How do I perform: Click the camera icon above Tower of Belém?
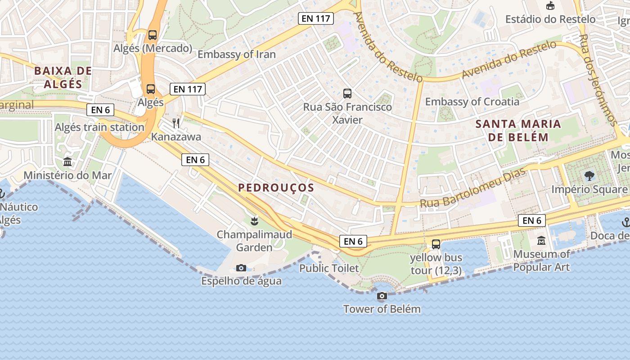coord(382,296)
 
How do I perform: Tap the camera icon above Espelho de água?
coord(241,268)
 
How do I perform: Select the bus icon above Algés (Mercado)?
coord(153,35)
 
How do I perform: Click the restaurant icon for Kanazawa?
coord(176,123)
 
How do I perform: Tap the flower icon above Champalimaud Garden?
coord(254,221)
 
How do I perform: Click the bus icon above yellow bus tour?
coord(436,244)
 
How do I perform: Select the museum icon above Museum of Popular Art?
coord(541,241)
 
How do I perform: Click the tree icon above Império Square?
coord(589,176)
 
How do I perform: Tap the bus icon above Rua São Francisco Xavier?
coord(347,94)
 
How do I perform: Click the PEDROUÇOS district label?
coord(276,188)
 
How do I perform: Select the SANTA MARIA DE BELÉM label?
coord(518,130)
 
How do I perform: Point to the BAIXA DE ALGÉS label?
coord(63,77)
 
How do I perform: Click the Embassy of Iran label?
coord(237,54)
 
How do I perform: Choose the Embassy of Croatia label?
coord(472,102)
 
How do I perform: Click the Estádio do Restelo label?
coord(550,19)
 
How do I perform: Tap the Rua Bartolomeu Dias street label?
coord(472,188)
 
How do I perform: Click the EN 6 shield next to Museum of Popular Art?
coord(532,220)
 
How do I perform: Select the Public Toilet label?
coord(329,269)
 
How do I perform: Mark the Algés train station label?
coord(99,127)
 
